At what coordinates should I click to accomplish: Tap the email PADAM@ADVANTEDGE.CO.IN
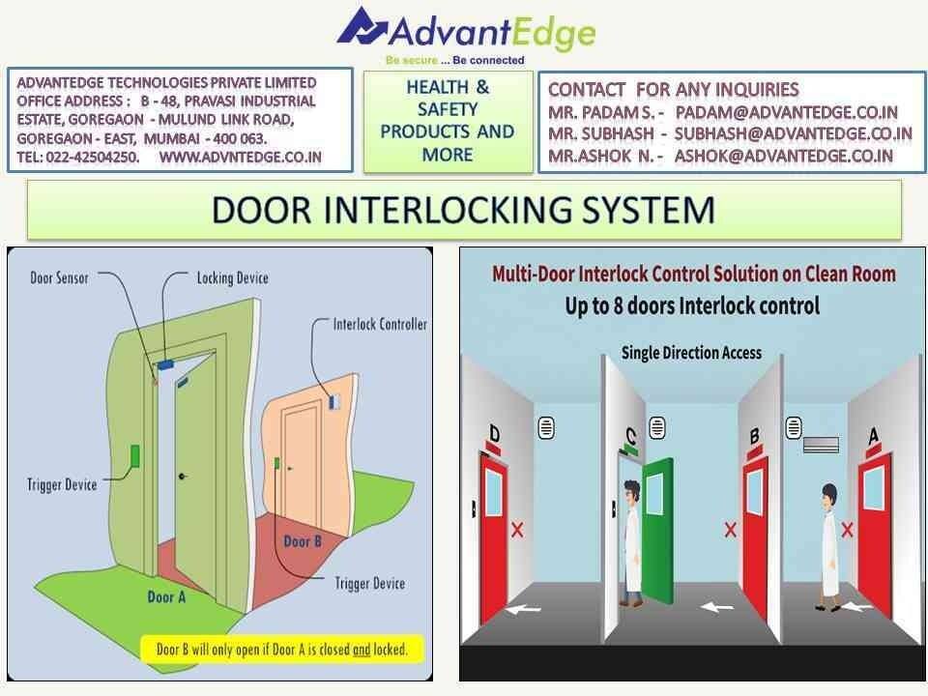(x=787, y=112)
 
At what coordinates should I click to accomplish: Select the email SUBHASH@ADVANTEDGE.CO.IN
(x=793, y=133)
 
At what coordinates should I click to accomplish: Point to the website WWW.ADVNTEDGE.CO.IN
(x=241, y=158)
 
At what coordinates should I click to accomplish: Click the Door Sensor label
(x=59, y=277)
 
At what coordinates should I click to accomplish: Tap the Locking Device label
(x=233, y=277)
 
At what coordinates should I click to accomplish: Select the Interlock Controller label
(x=380, y=324)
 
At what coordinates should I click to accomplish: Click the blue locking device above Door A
(x=167, y=364)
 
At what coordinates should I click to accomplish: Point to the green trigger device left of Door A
(x=135, y=455)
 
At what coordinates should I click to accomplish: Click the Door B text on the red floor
(x=303, y=541)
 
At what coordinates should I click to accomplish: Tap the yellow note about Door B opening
(x=282, y=650)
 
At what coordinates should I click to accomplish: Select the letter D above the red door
(x=495, y=434)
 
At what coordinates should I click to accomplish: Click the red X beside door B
(x=731, y=529)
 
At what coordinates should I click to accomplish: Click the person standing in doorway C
(x=631, y=542)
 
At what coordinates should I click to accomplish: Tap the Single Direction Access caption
(x=691, y=353)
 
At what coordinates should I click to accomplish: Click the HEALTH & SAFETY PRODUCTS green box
(x=448, y=122)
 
